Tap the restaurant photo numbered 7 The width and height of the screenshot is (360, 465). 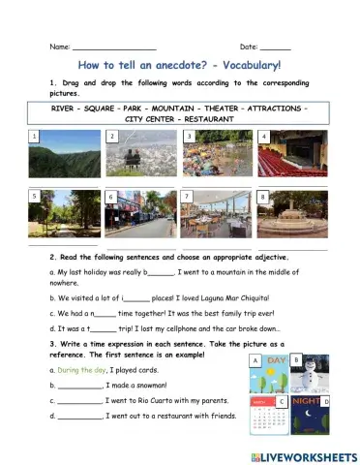[215, 213]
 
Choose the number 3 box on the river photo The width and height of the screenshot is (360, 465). [188, 137]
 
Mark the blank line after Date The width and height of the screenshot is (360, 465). [275, 46]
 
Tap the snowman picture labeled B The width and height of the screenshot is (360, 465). [314, 373]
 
